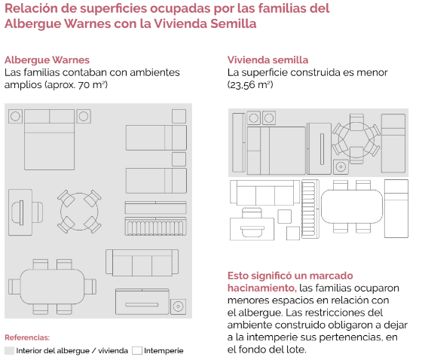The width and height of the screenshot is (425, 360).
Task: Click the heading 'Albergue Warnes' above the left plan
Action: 47,60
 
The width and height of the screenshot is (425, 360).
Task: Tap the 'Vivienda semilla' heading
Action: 268,59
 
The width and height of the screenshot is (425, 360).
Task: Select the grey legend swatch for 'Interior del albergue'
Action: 9,350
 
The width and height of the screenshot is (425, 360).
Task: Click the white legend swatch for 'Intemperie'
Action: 137,350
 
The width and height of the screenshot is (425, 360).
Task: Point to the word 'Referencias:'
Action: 27,337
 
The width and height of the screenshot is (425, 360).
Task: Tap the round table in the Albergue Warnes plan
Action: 79,212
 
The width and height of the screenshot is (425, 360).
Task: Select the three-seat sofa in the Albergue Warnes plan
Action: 142,263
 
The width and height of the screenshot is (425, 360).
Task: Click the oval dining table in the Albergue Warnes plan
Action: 52,287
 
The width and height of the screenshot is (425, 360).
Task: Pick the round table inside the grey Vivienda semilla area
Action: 356,140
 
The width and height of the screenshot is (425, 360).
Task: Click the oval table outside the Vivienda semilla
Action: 352,206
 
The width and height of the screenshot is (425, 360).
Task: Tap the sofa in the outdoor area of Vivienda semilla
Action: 264,193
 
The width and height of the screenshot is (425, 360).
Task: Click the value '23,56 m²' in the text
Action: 250,85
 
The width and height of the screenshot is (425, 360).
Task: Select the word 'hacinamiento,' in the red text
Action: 262,288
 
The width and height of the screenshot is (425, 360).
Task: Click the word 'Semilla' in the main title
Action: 233,23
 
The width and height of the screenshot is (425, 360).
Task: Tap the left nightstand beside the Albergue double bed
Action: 15,116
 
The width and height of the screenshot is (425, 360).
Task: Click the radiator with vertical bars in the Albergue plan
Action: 155,226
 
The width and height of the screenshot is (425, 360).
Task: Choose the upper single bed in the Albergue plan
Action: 156,138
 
